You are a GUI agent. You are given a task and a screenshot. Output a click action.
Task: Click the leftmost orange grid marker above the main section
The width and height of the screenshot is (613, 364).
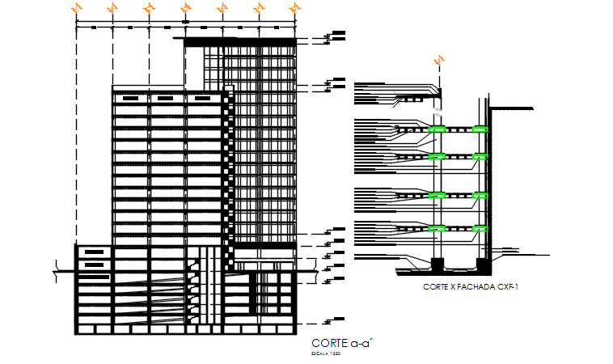76,8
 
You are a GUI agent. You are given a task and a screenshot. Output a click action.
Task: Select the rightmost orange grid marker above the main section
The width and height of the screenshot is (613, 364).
295,8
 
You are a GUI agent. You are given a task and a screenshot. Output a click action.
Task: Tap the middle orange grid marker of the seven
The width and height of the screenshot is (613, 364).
185,8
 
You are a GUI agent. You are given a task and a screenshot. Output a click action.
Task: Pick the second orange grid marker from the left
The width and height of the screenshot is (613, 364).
112,8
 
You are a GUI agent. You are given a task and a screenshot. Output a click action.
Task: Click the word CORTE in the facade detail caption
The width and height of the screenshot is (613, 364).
438,286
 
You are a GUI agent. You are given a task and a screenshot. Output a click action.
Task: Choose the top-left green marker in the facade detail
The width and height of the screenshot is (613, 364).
438,129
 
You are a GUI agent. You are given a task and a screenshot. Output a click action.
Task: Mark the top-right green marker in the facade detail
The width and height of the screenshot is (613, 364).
481,129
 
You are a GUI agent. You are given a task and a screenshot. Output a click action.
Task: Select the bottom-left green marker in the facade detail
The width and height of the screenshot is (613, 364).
438,228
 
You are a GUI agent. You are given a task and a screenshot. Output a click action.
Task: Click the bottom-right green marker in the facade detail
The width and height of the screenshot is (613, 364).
481,228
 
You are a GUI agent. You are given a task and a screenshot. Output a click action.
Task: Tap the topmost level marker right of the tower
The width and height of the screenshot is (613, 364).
334,35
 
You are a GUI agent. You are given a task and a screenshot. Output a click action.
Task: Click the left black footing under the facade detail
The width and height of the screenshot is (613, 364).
438,264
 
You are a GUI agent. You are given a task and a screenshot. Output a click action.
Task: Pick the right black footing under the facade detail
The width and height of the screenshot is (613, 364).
482,264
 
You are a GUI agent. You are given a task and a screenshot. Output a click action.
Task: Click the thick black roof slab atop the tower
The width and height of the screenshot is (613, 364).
241,40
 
